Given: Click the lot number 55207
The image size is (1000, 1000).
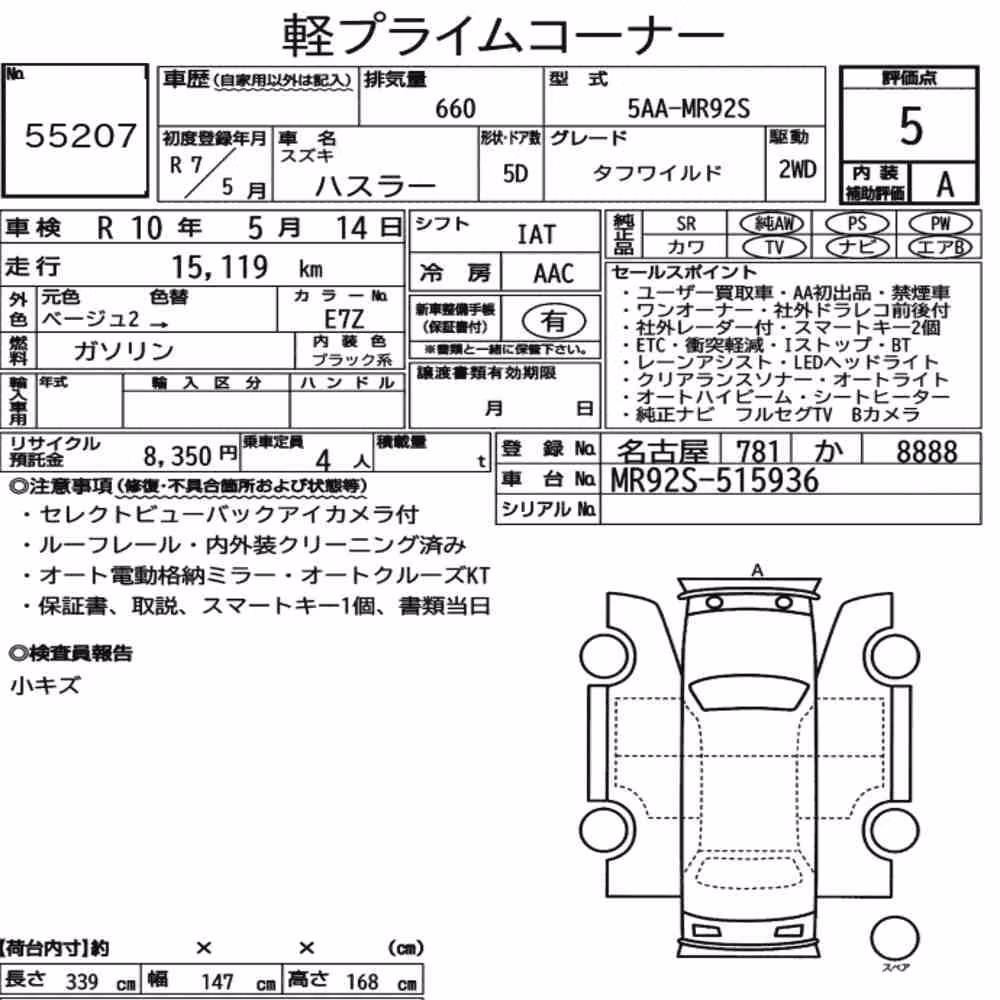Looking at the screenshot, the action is pyautogui.click(x=80, y=135).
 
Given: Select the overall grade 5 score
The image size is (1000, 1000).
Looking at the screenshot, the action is pyautogui.click(x=910, y=126).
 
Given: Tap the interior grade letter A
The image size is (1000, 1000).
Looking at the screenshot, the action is pyautogui.click(x=945, y=184).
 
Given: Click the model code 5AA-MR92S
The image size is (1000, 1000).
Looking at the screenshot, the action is pyautogui.click(x=688, y=108).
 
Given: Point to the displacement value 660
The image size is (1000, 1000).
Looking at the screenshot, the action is pyautogui.click(x=455, y=109).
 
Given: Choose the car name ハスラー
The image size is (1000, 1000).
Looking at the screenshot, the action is pyautogui.click(x=376, y=186).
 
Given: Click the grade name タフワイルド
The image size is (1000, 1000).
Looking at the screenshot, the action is pyautogui.click(x=657, y=173).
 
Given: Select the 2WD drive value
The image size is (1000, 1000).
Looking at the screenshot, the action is pyautogui.click(x=797, y=170).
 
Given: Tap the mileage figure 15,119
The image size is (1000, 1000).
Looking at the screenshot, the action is pyautogui.click(x=219, y=267).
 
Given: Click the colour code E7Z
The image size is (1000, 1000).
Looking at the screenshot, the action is pyautogui.click(x=344, y=319).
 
